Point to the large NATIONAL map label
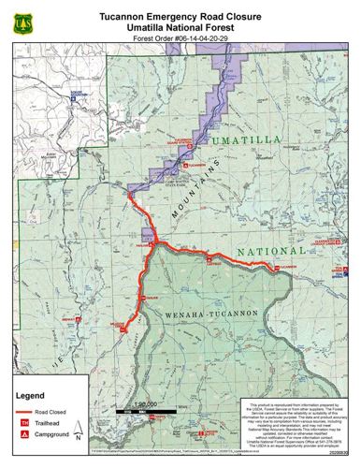270,253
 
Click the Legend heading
33,396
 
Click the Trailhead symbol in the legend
25,424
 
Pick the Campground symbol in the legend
25,436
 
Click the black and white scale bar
142,411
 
